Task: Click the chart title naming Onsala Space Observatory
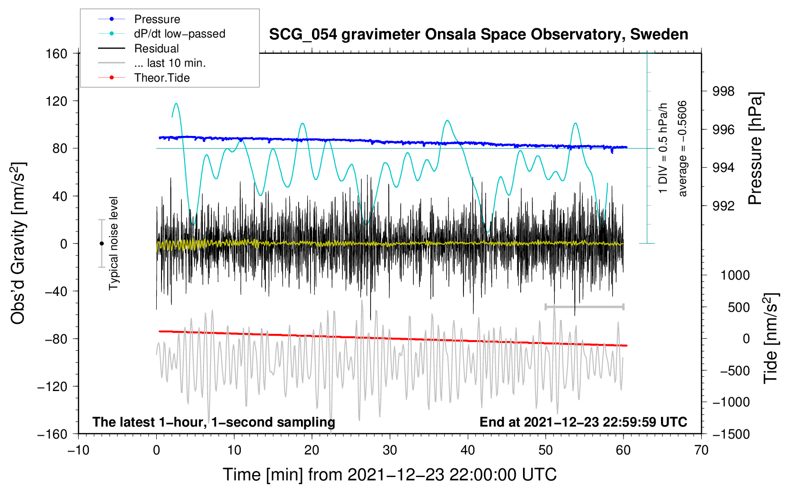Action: click(x=478, y=35)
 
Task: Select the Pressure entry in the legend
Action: click(x=157, y=19)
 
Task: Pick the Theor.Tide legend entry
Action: click(x=162, y=78)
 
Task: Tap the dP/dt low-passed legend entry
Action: click(x=179, y=34)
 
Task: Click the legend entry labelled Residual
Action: click(x=156, y=49)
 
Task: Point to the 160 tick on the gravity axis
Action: click(x=57, y=53)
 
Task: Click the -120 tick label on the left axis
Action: click(x=52, y=386)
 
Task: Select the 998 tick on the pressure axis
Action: click(x=723, y=91)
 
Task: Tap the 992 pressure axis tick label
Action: click(x=723, y=206)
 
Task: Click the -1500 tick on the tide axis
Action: click(x=731, y=434)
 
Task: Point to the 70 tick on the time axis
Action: click(x=701, y=451)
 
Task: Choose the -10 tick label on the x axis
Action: click(x=78, y=451)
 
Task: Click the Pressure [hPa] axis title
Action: click(x=756, y=148)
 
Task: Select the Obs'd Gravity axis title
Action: click(x=18, y=243)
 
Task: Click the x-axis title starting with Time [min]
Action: click(x=389, y=475)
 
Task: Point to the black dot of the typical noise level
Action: click(x=101, y=244)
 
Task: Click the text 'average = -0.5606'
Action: click(x=683, y=148)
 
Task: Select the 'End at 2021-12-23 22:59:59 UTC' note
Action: click(x=583, y=422)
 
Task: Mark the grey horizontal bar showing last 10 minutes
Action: click(x=584, y=306)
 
